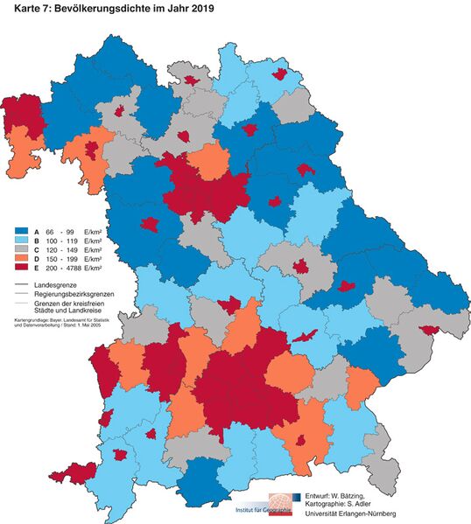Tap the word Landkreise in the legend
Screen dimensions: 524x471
[86, 311]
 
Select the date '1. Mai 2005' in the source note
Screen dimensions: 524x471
[102, 326]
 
